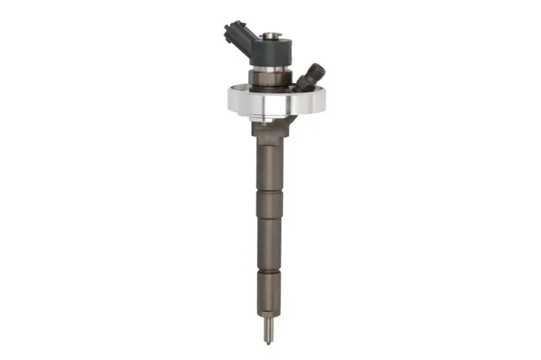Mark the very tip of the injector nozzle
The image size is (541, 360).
point(268,342)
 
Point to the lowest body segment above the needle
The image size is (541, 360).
point(268,293)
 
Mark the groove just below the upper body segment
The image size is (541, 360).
point(268,195)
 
